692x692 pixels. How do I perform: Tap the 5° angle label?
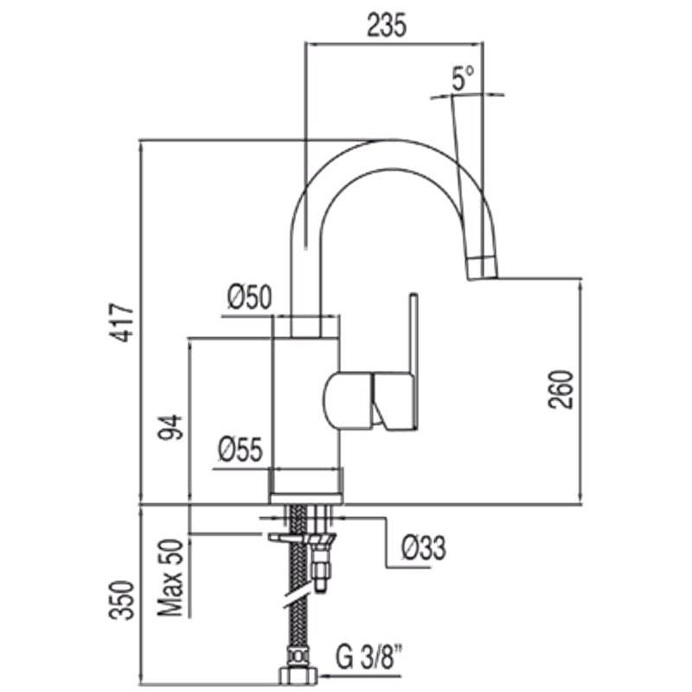pyautogui.click(x=463, y=78)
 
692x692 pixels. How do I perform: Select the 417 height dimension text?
pyautogui.click(x=121, y=323)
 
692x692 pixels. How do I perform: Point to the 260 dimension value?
pyautogui.click(x=561, y=390)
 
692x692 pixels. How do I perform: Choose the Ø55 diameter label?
pyautogui.click(x=240, y=450)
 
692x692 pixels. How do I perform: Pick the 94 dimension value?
pyautogui.click(x=170, y=427)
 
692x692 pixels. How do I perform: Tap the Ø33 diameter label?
pyautogui.click(x=424, y=548)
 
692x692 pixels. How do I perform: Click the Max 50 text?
pyautogui.click(x=170, y=578)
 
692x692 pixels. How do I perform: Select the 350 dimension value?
pyautogui.click(x=122, y=600)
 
